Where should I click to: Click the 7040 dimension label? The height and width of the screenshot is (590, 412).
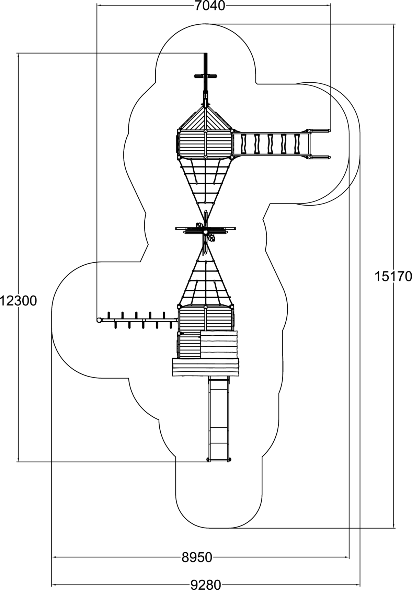(210, 6)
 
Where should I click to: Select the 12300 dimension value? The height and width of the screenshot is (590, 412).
(18, 301)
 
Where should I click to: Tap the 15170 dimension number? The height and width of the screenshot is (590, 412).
(393, 276)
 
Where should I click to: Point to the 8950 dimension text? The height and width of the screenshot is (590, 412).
(197, 557)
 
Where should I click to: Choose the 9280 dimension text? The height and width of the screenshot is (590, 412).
(206, 585)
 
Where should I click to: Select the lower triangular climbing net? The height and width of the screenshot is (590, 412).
(205, 281)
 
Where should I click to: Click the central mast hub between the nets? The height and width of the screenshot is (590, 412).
(205, 232)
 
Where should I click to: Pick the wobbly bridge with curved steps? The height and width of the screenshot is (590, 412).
(271, 144)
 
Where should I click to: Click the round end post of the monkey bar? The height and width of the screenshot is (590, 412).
(99, 320)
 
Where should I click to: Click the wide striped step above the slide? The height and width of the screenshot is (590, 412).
(205, 367)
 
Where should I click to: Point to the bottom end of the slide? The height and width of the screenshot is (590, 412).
(219, 459)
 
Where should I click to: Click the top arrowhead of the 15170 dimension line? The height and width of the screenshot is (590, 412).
(394, 26)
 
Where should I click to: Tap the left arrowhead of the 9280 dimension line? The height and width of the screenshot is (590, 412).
(54, 585)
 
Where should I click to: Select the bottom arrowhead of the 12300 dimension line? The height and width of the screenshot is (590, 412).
(18, 460)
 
